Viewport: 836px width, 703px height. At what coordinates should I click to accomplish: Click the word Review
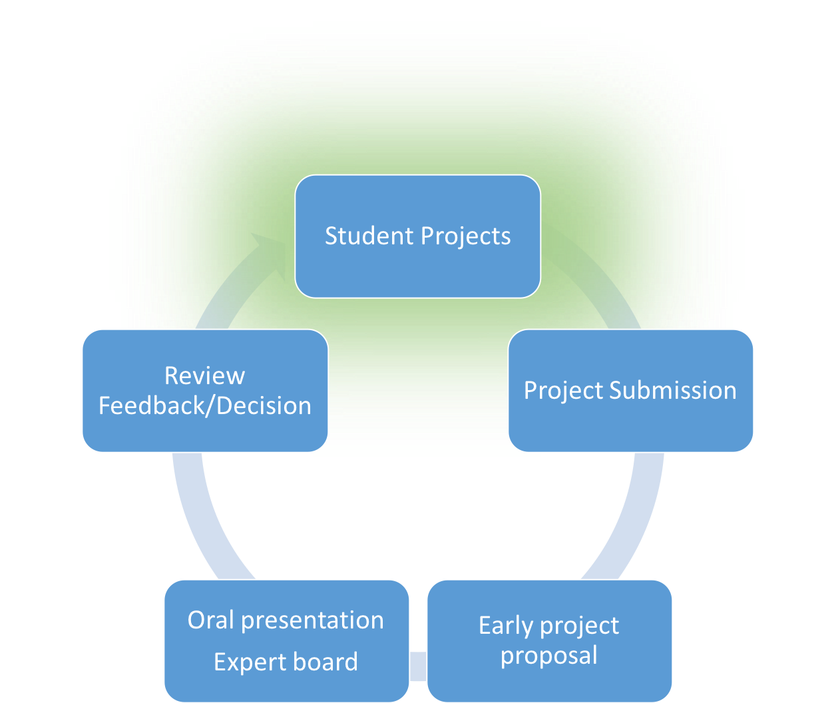pyautogui.click(x=204, y=375)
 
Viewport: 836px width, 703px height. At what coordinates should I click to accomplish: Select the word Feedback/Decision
pyautogui.click(x=204, y=405)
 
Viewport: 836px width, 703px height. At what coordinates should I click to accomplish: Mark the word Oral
pyautogui.click(x=211, y=620)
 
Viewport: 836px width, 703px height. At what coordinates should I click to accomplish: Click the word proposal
pyautogui.click(x=549, y=656)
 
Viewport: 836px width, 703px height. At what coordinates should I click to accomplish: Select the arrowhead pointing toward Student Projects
pyautogui.click(x=270, y=245)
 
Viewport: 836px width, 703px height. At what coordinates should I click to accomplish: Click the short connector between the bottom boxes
pyautogui.click(x=418, y=666)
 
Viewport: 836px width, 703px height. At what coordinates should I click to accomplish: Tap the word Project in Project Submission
pyautogui.click(x=563, y=391)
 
